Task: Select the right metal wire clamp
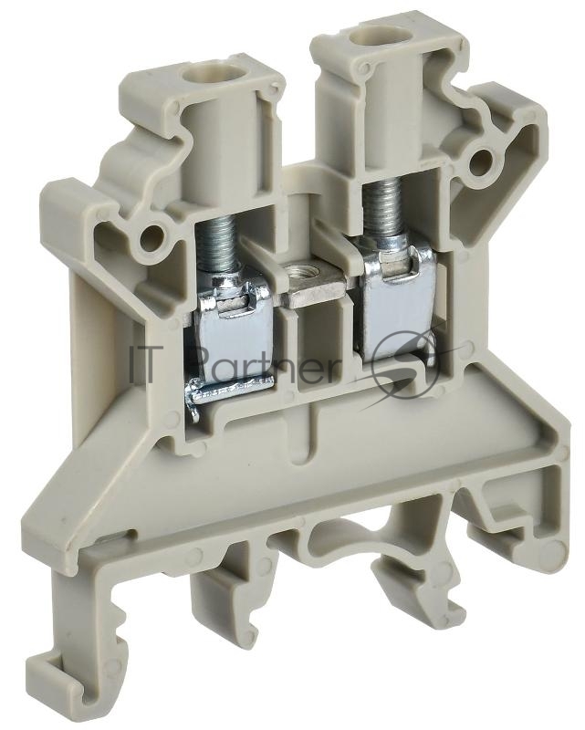[x=397, y=303]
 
